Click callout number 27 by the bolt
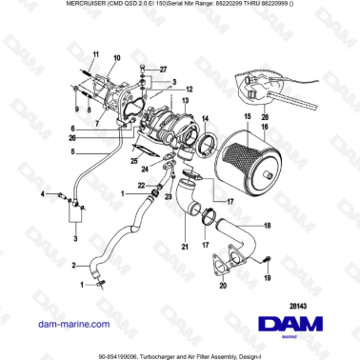coord(163,70)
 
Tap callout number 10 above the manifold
coord(116,59)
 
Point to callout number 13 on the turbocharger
coord(187,98)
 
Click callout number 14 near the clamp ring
coord(203,118)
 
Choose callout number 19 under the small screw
coord(268,277)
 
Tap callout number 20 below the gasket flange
coord(224,284)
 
